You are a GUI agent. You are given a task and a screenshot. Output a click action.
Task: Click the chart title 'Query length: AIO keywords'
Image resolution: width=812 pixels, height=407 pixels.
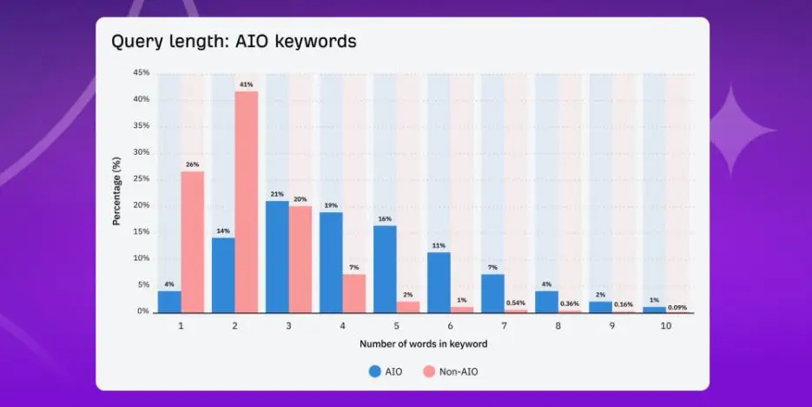click(x=234, y=42)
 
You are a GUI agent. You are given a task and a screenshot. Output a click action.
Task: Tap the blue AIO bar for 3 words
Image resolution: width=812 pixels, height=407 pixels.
click(x=277, y=257)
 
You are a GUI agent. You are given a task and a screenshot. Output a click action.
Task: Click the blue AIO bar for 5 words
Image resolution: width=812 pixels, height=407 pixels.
click(x=385, y=269)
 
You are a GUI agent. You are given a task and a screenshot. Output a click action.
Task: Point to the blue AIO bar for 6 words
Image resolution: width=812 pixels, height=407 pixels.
click(x=439, y=282)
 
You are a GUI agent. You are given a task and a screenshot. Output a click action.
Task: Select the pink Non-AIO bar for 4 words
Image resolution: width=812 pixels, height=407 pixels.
click(x=353, y=293)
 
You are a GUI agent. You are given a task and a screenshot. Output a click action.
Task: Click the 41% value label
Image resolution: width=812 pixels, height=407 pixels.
click(x=247, y=84)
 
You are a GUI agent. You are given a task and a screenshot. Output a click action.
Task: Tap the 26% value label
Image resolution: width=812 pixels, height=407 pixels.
click(x=192, y=164)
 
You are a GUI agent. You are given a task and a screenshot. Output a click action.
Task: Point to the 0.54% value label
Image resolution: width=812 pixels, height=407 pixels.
click(x=516, y=302)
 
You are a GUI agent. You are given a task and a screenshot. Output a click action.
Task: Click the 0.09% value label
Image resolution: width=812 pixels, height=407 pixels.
click(x=678, y=306)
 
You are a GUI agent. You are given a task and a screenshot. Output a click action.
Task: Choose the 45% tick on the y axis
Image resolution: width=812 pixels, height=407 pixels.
click(x=141, y=73)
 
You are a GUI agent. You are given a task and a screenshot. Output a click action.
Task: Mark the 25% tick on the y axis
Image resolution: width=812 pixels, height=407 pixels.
click(x=141, y=179)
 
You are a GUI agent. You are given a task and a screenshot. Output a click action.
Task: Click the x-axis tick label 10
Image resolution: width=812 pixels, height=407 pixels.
click(x=665, y=325)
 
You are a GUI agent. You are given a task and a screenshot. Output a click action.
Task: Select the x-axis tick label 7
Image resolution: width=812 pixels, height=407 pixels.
click(x=504, y=325)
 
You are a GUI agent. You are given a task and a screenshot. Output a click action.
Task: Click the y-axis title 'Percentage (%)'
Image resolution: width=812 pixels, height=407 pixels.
click(x=116, y=191)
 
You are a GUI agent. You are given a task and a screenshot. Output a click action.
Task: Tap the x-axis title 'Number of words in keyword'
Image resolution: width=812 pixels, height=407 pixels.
click(x=423, y=344)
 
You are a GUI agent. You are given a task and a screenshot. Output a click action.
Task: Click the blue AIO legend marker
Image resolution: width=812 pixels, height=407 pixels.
click(x=375, y=371)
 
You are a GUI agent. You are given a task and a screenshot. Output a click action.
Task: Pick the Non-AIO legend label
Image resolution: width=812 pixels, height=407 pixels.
click(x=459, y=371)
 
